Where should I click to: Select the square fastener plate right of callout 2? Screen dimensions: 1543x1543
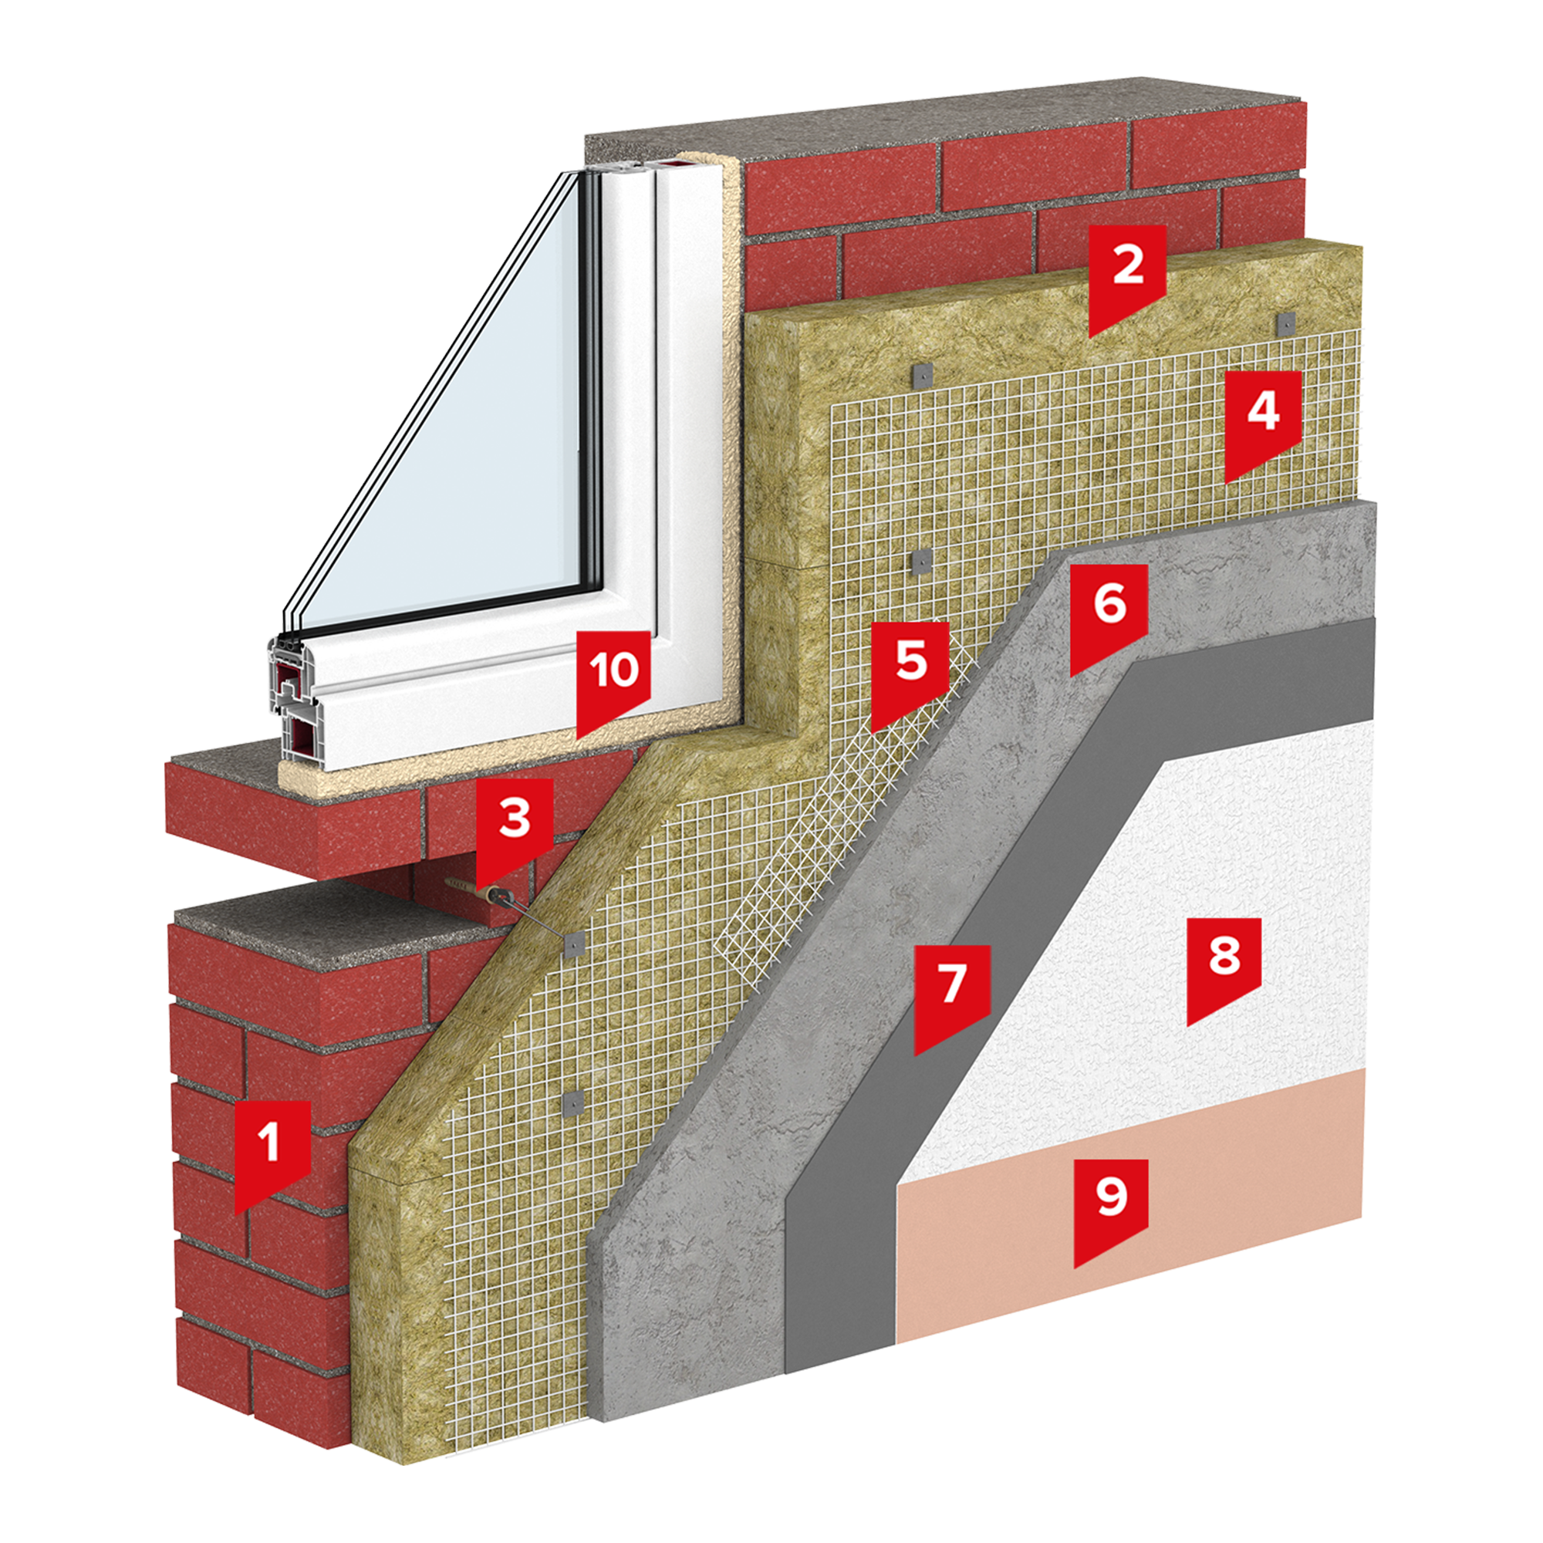point(1285,322)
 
